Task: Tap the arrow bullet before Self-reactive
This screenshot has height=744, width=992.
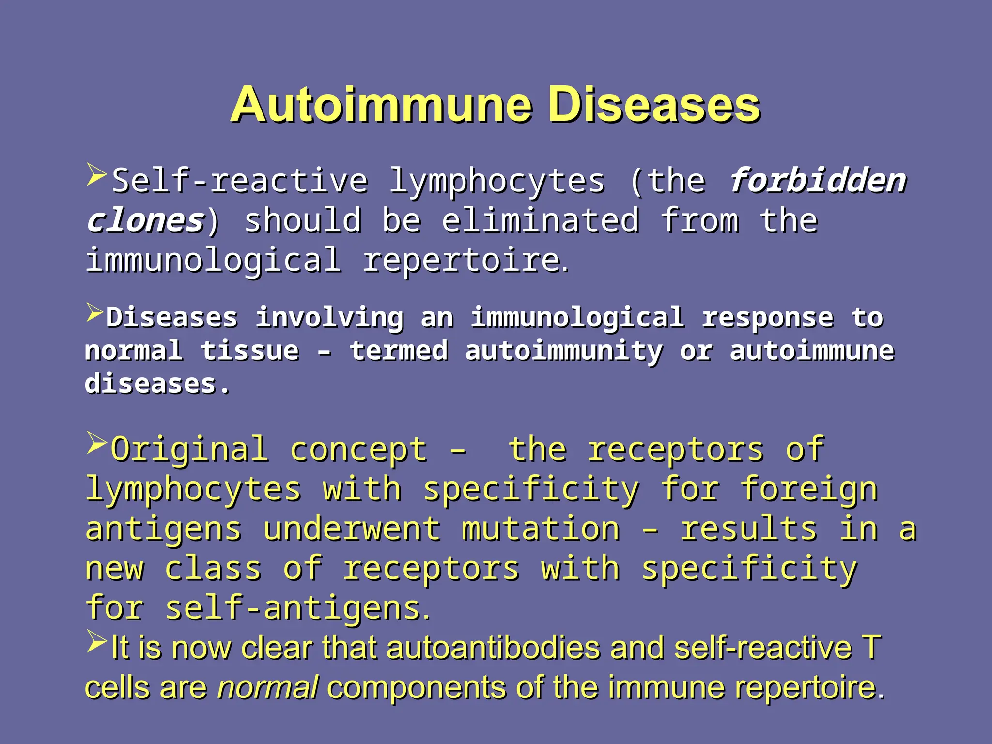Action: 96,175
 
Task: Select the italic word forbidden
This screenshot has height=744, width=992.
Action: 818,180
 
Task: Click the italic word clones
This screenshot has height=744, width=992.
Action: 145,220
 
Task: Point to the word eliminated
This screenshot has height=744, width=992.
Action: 540,220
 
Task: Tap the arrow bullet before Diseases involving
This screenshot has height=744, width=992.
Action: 95,312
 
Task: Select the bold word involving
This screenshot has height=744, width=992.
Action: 329,318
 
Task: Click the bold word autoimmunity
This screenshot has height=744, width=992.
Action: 563,351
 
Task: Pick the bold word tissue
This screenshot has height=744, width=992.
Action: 250,351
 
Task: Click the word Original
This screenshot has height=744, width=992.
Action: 189,449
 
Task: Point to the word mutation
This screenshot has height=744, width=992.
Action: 540,528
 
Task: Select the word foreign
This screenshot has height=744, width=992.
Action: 809,489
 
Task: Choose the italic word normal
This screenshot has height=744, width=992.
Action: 267,688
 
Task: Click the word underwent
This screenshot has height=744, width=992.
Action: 352,528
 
